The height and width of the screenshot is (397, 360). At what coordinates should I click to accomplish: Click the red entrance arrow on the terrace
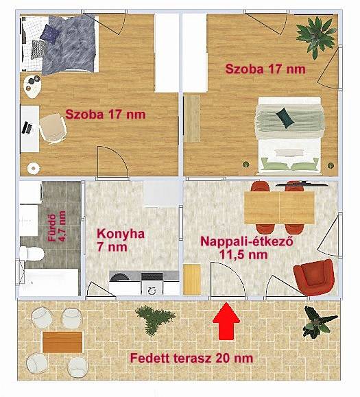pyautogui.click(x=226, y=321)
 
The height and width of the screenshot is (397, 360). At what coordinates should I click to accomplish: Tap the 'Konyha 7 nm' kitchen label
pyautogui.click(x=121, y=240)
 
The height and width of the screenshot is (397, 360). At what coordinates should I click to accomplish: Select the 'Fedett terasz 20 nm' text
pyautogui.click(x=191, y=359)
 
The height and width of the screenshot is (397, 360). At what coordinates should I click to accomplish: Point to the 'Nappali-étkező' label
pyautogui.click(x=247, y=241)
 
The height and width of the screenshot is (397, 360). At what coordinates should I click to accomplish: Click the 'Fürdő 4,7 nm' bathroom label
pyautogui.click(x=57, y=226)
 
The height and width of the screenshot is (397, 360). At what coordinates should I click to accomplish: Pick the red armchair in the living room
pyautogui.click(x=313, y=277)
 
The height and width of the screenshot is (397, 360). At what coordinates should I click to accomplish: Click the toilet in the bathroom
pyautogui.click(x=32, y=253)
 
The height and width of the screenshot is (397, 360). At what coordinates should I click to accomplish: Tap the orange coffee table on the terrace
pyautogui.click(x=62, y=342)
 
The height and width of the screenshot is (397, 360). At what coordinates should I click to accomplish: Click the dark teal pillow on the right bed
pyautogui.click(x=285, y=118)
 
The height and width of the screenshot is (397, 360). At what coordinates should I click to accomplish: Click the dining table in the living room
pyautogui.click(x=280, y=208)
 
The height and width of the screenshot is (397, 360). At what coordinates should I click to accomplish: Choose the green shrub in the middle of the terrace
pyautogui.click(x=155, y=320)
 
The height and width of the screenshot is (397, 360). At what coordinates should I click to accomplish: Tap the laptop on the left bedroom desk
pyautogui.click(x=28, y=128)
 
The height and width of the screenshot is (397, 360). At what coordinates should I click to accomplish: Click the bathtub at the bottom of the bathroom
pyautogui.click(x=49, y=282)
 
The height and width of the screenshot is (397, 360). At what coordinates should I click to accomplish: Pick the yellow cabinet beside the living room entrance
pyautogui.click(x=191, y=280)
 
